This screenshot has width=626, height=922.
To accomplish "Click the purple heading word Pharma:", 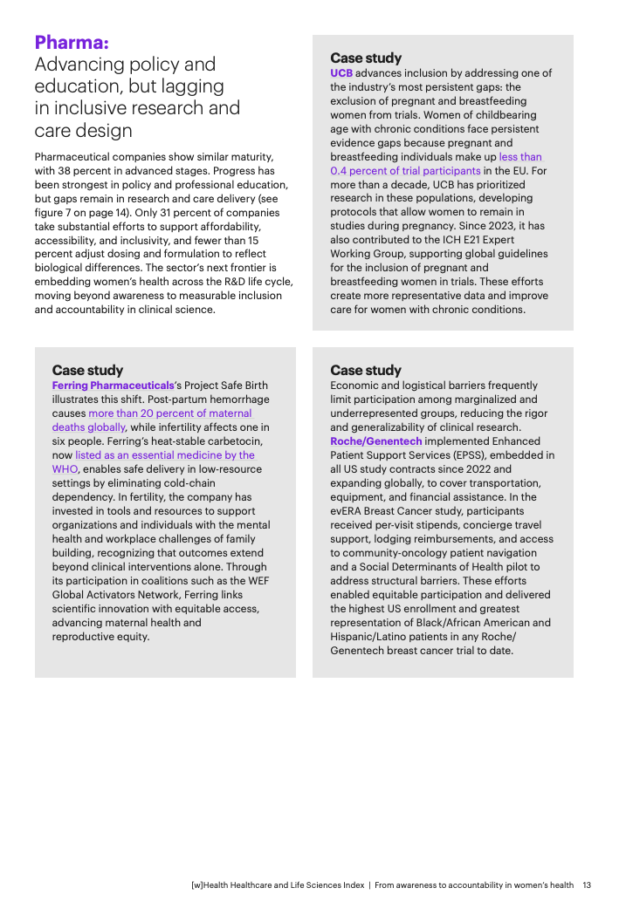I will point(72,42).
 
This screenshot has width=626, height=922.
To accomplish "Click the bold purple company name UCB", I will point(341,73).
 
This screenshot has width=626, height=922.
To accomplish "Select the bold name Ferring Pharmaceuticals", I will point(113,386).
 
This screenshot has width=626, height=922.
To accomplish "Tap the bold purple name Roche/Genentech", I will point(375,441).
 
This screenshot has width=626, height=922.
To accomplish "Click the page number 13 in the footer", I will point(587,884).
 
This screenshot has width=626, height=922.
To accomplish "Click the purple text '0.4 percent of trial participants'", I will point(405,171).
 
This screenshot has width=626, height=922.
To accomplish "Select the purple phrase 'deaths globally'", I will point(89,427).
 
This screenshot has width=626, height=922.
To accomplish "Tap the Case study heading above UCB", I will point(366,58).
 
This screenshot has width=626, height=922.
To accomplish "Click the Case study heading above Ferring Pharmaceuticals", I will point(87,371).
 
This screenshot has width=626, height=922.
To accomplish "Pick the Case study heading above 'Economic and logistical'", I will point(366,371).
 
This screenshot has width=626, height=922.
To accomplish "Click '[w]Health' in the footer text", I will point(210,884).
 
